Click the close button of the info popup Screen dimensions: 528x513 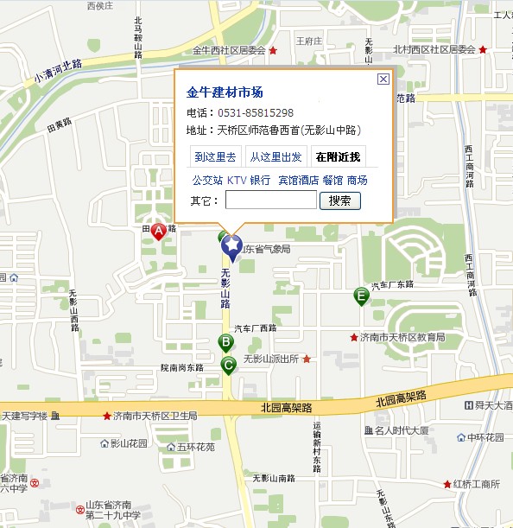point(383,80)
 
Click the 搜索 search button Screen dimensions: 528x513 point(340,200)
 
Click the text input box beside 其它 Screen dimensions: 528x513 point(271,200)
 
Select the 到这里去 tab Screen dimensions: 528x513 point(215,157)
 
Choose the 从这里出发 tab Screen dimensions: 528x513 point(275,157)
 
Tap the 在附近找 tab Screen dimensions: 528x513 point(339,157)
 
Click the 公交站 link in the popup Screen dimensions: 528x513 point(206,180)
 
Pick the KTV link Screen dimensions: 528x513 point(236,180)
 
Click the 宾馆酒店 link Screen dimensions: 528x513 point(298,180)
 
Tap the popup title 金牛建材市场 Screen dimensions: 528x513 point(225,92)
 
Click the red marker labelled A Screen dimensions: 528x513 point(158,231)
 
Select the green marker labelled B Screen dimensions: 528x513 point(225,342)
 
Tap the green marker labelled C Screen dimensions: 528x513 point(229,366)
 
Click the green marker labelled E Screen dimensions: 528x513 point(361,296)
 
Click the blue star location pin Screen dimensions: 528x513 point(231,246)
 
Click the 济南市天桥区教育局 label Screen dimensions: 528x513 point(402,337)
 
